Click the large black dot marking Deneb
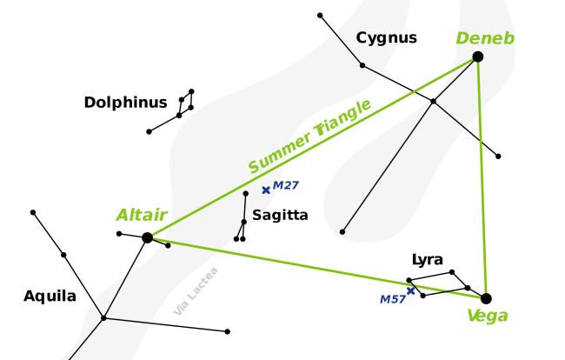tap(477, 57)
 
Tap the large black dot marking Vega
tap(486, 298)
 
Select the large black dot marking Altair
tap(147, 237)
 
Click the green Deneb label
tap(485, 38)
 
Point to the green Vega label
tap(487, 316)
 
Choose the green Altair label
tap(141, 216)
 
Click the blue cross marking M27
tap(265, 190)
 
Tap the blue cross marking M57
tap(410, 290)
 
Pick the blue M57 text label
tap(392, 300)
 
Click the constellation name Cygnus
tap(386, 38)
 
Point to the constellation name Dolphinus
tap(125, 103)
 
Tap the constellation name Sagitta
tap(280, 215)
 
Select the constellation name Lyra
tap(427, 260)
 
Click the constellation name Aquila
tap(50, 297)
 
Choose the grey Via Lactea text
tap(196, 290)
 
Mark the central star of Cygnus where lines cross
tap(433, 102)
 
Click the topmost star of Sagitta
tap(245, 193)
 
